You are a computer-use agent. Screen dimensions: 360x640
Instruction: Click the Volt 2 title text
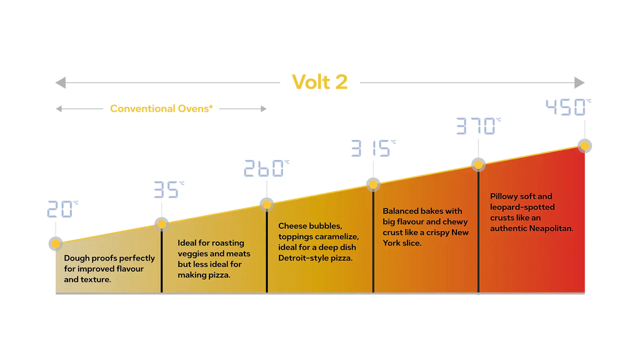319,82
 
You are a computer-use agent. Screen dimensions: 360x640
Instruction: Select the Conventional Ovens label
161,109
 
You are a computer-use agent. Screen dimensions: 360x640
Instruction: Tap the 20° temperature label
61,209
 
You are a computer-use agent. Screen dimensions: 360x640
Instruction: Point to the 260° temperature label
266,169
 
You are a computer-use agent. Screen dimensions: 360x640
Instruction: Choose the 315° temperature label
373,149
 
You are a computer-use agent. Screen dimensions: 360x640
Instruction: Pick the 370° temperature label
478,127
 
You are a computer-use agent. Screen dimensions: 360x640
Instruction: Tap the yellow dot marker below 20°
56,244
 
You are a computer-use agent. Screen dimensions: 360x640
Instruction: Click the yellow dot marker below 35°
162,224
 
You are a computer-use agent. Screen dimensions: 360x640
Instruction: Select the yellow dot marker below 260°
267,204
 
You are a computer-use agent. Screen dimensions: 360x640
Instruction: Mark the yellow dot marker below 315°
373,184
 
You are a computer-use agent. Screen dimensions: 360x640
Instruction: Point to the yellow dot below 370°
478,164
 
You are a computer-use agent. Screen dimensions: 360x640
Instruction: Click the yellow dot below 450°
585,146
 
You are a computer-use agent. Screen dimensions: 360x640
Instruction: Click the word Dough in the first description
76,258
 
